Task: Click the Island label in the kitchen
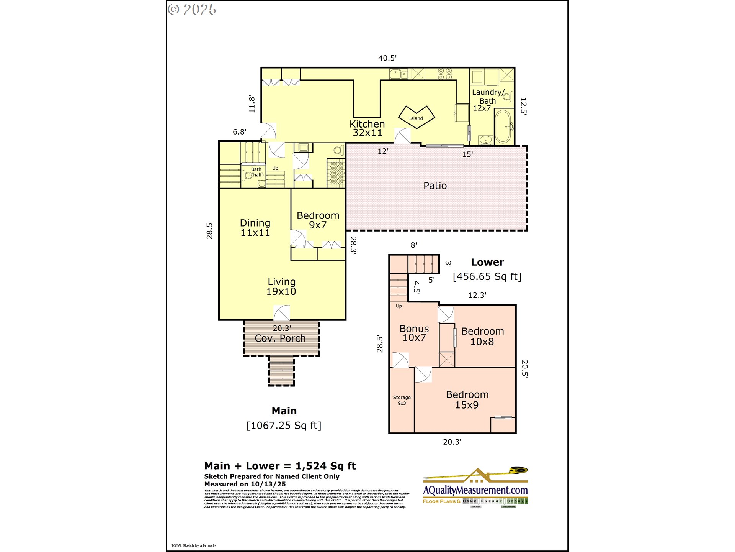click(x=416, y=118)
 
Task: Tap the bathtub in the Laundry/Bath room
click(x=503, y=127)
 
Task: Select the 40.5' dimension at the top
click(x=387, y=58)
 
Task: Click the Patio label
click(x=435, y=186)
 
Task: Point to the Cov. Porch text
click(x=280, y=338)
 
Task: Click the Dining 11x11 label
click(x=255, y=228)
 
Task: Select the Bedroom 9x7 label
click(x=318, y=220)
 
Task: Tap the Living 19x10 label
click(x=281, y=287)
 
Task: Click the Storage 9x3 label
click(x=402, y=400)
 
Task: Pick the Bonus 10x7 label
click(x=414, y=333)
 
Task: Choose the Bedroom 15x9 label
click(x=467, y=399)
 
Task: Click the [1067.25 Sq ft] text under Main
click(x=284, y=426)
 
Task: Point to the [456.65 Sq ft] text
click(x=487, y=276)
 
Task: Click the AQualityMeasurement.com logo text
click(x=475, y=490)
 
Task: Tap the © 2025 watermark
click(x=192, y=10)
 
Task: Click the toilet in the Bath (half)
click(x=247, y=176)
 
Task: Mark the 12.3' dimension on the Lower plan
click(x=477, y=295)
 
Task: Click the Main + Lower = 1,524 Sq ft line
click(x=280, y=466)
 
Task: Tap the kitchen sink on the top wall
click(x=398, y=74)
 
